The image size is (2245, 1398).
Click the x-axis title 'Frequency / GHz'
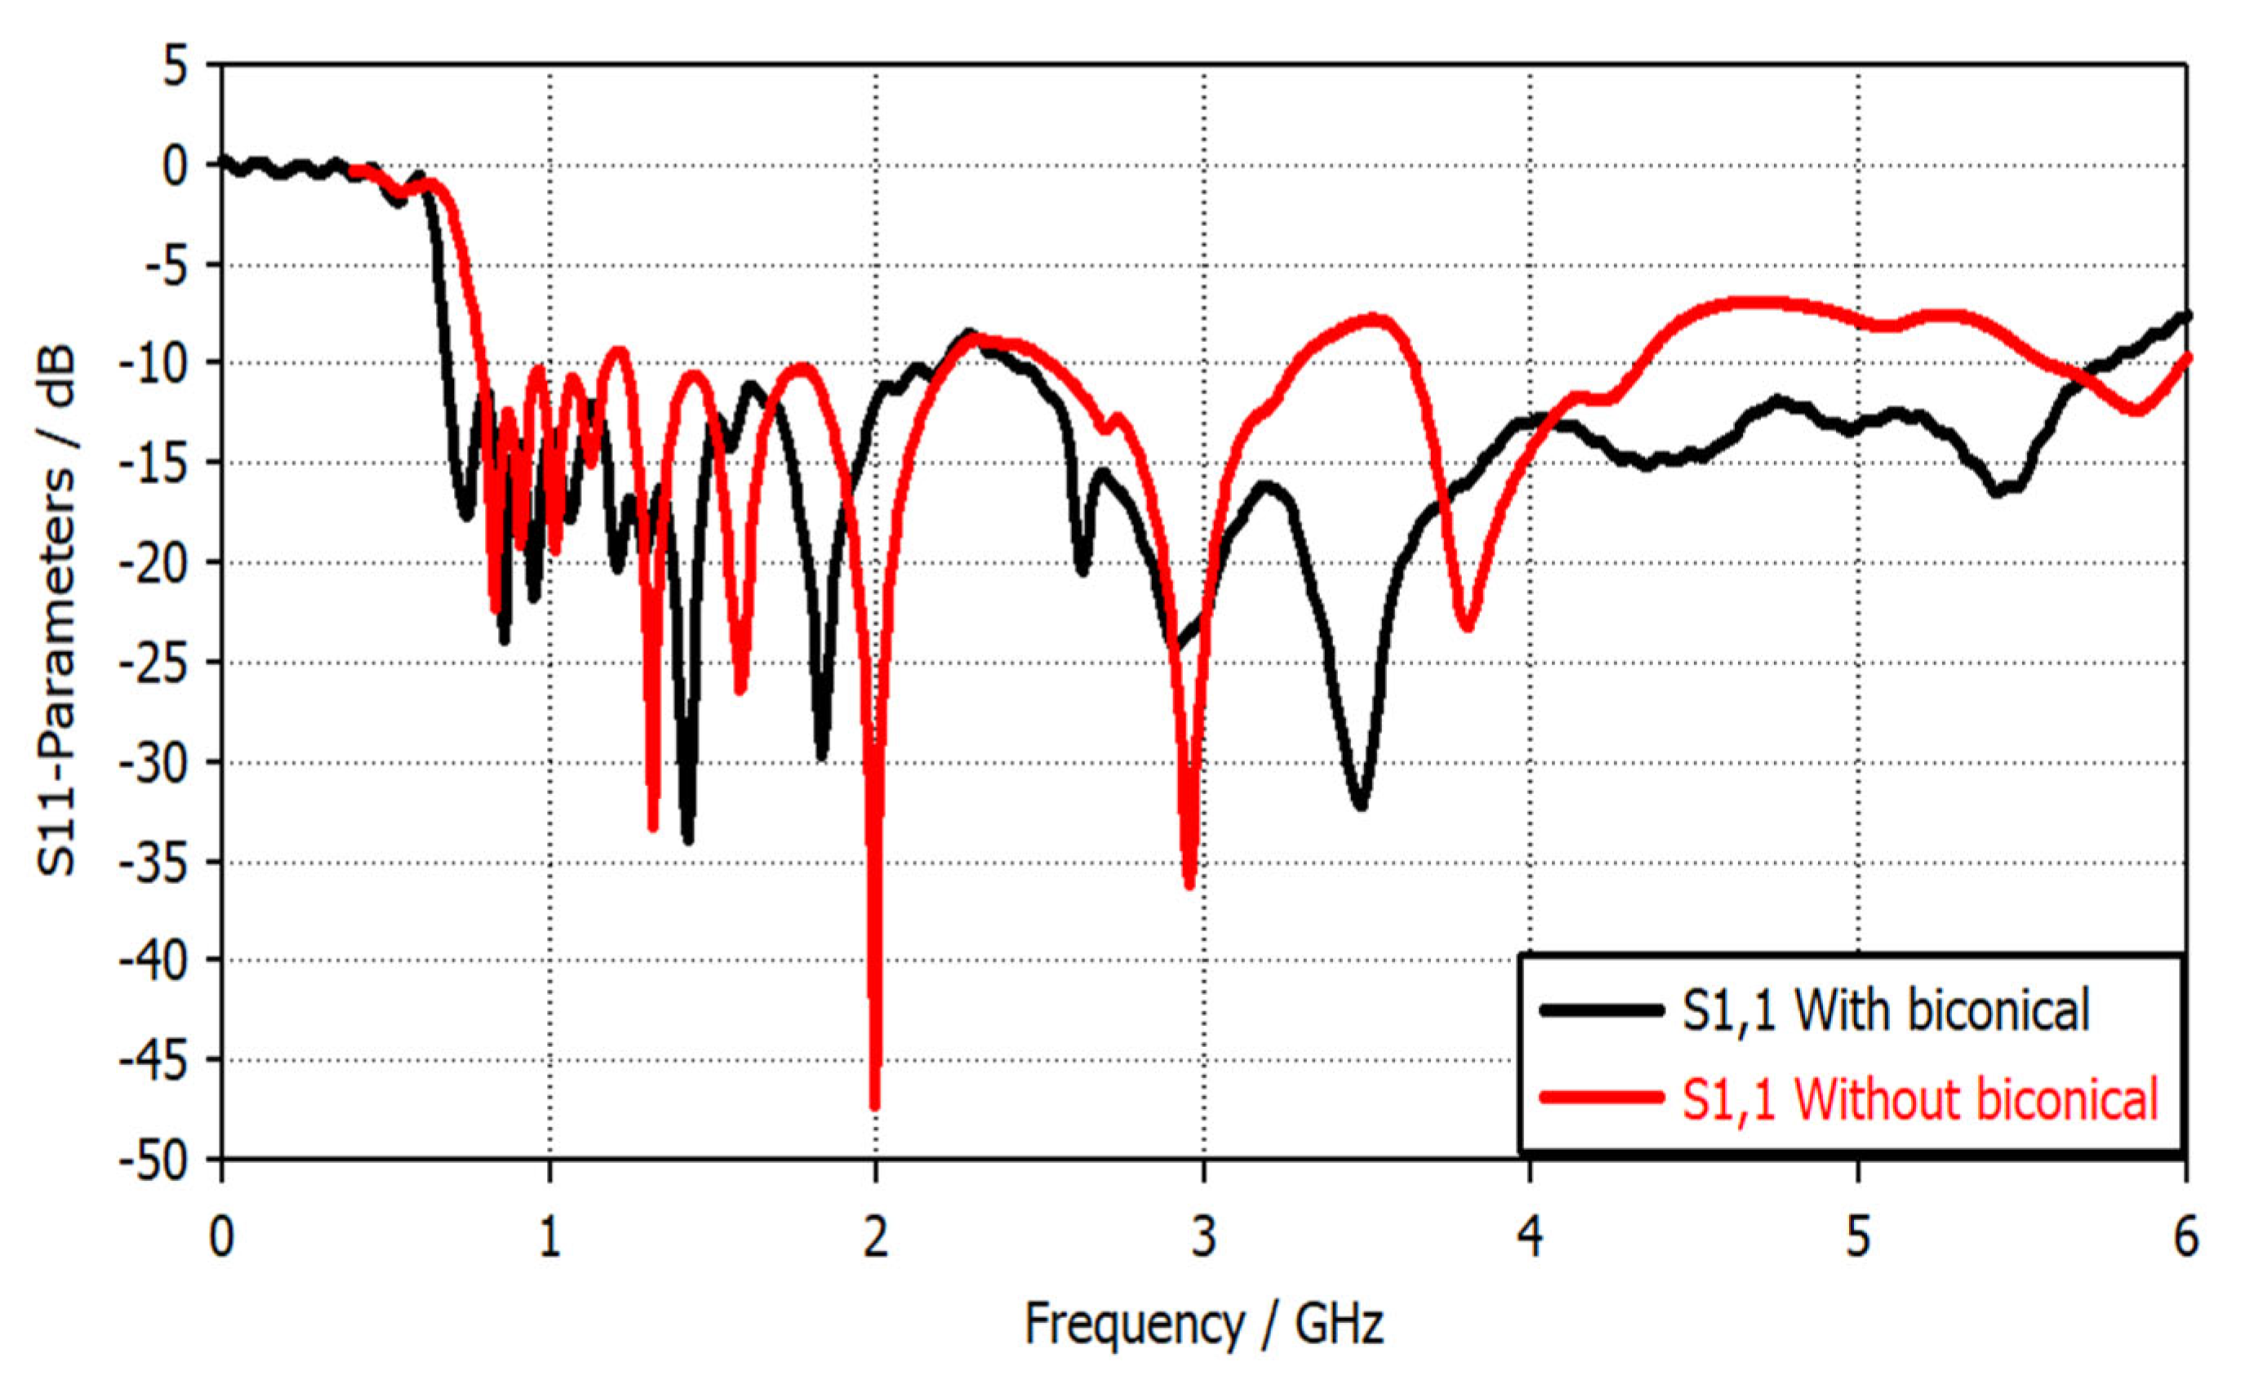tap(1203, 1324)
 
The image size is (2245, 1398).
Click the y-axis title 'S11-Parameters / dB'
tap(57, 612)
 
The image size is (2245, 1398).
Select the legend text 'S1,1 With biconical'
tap(1885, 1010)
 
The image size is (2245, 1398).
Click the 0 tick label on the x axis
tap(222, 1237)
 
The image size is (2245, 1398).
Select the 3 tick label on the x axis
tap(1203, 1237)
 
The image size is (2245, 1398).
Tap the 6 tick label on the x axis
tap(2185, 1237)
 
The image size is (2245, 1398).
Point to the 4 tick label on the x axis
tap(1530, 1237)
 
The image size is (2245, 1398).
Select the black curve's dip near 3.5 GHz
tap(1360, 804)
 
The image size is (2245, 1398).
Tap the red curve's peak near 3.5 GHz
tap(1378, 320)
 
